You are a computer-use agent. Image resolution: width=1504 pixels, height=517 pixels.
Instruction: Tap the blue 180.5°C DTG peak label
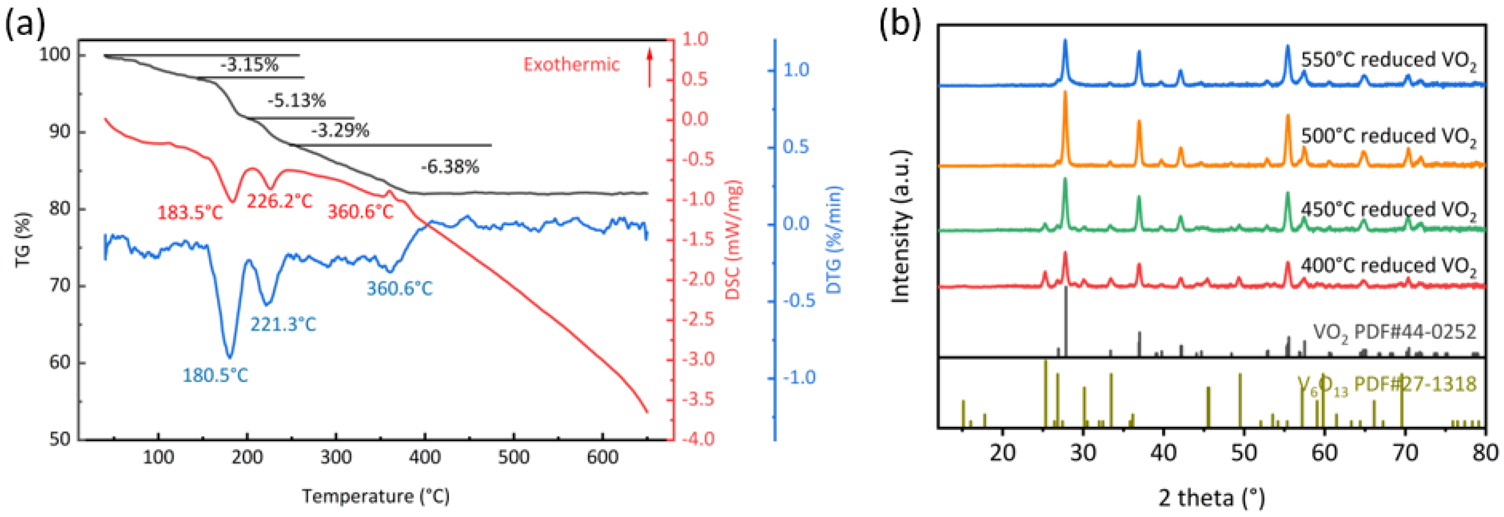pos(215,375)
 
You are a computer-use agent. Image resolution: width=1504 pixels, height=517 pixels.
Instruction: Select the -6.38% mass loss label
pos(450,167)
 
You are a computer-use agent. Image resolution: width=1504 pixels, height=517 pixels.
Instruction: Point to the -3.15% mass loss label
pos(249,65)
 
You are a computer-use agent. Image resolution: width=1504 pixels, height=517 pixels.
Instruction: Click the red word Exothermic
pos(571,64)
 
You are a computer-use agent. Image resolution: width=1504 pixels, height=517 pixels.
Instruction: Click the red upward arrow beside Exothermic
pos(649,68)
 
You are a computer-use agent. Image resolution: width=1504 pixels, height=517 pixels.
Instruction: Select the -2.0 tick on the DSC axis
pos(694,279)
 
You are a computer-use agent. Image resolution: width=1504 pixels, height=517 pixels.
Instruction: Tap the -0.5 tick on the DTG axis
pos(798,301)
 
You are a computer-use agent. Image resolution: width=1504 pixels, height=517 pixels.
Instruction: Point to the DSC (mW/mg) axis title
pos(733,239)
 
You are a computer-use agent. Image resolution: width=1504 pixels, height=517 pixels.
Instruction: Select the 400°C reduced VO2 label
pos(1388,266)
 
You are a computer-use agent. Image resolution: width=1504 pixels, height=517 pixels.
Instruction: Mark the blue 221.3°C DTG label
pos(283,325)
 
